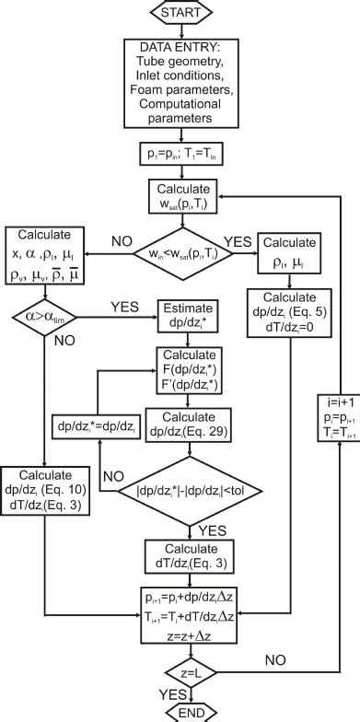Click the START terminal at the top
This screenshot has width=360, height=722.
(180, 14)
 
